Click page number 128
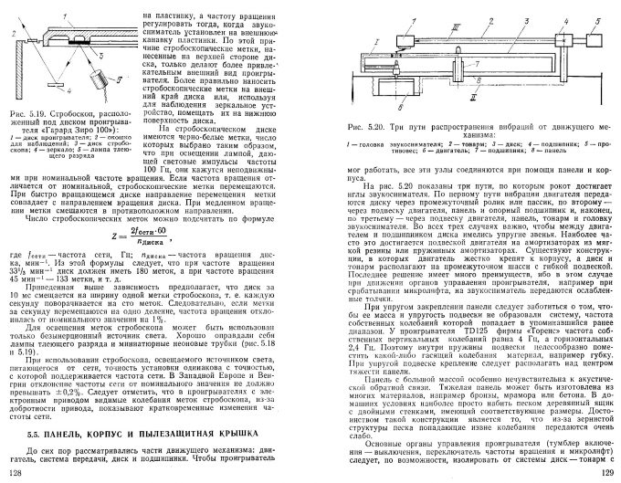pyautogui.click(x=16, y=471)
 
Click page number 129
pyautogui.click(x=602, y=471)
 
